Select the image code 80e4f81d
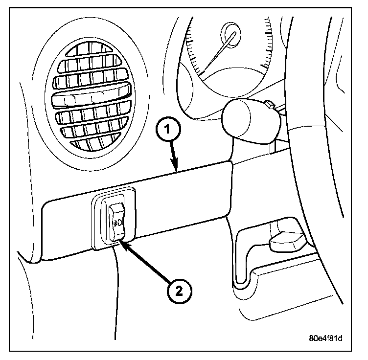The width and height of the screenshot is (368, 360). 325,338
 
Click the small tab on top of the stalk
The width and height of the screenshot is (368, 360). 268,104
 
